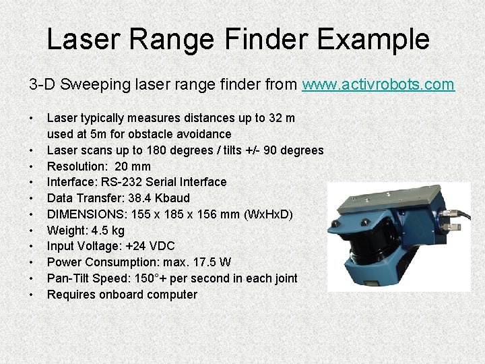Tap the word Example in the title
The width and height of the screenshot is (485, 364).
coord(373,39)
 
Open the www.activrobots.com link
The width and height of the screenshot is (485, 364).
coord(378,85)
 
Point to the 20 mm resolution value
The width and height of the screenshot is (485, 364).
coord(133,166)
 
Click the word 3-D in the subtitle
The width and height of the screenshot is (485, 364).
coord(41,85)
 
